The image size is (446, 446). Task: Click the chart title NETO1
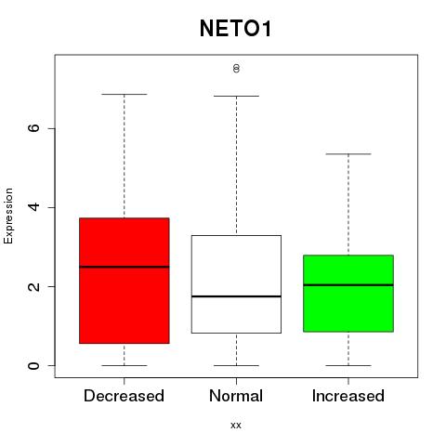click(x=236, y=29)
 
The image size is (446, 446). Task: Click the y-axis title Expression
click(x=8, y=216)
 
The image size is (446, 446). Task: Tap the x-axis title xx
click(x=236, y=425)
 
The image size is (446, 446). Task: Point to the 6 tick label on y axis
click(x=33, y=128)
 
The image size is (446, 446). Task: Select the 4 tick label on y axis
click(x=33, y=207)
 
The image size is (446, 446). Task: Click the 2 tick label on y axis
click(x=33, y=286)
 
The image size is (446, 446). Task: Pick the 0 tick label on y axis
click(x=33, y=365)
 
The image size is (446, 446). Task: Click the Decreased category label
click(x=124, y=396)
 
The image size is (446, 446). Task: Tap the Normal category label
click(x=236, y=396)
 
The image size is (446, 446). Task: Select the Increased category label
click(x=348, y=396)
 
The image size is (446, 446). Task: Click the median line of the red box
click(x=125, y=267)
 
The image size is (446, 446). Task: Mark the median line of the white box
click(x=236, y=296)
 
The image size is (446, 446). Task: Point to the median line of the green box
click(x=348, y=285)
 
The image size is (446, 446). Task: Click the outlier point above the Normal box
click(x=236, y=68)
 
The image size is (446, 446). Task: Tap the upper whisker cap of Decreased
click(x=125, y=94)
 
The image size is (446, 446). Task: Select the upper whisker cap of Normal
click(x=236, y=96)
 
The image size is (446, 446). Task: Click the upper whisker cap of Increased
click(x=348, y=154)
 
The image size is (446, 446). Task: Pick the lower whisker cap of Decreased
click(x=125, y=365)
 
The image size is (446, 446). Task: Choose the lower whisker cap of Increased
click(x=348, y=365)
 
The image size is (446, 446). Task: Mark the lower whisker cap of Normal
click(x=236, y=365)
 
